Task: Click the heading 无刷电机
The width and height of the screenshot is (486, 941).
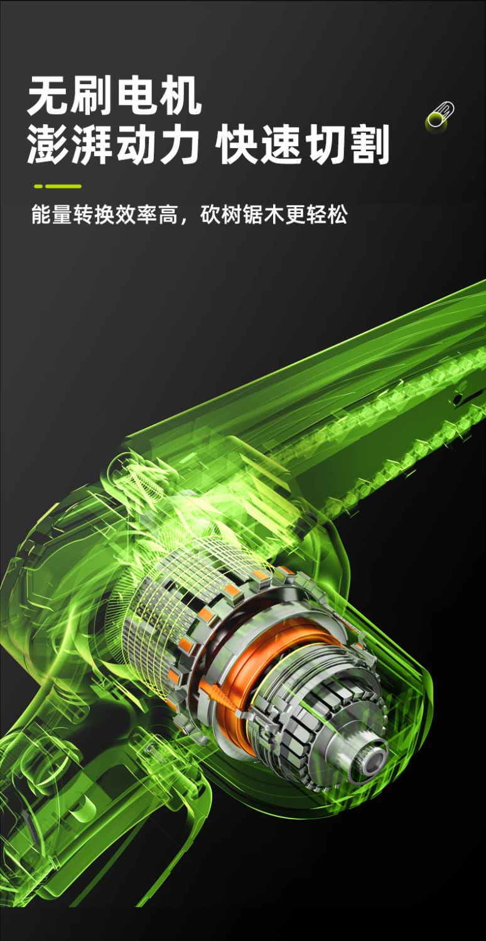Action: click(114, 95)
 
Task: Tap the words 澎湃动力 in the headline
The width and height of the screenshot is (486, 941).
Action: click(113, 144)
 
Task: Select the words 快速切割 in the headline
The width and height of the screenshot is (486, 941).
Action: click(302, 144)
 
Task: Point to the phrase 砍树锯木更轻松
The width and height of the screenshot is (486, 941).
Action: click(274, 215)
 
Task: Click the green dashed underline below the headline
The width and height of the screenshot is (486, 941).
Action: click(58, 186)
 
